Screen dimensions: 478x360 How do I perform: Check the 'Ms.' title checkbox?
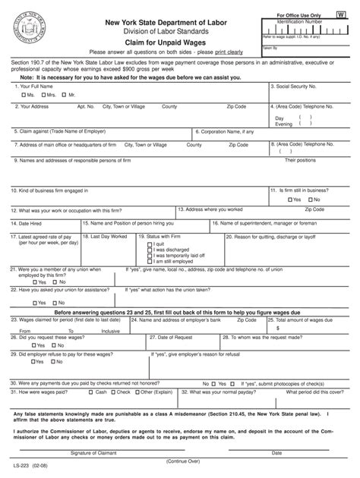tap(20, 95)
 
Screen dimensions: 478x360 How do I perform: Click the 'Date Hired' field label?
tap(28, 223)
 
